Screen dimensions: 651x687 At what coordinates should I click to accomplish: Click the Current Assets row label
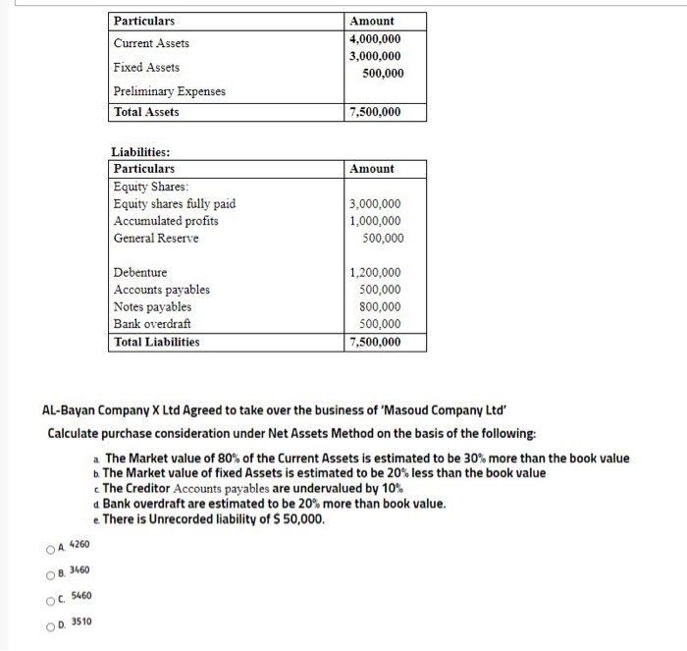151,43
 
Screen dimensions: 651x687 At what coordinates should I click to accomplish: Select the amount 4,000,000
375,38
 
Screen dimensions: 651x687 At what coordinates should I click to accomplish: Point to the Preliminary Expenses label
169,91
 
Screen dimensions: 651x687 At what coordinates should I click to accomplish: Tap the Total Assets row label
146,112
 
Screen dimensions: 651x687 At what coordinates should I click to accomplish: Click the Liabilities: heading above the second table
140,152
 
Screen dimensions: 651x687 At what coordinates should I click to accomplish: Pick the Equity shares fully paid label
174,204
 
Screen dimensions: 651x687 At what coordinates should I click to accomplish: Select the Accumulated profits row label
166,221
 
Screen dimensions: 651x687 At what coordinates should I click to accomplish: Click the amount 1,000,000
375,221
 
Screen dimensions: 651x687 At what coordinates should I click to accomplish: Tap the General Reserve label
155,239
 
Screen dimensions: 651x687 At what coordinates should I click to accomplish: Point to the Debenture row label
140,272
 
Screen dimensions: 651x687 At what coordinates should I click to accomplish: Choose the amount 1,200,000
375,272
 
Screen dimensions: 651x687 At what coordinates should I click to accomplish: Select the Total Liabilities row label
156,342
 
